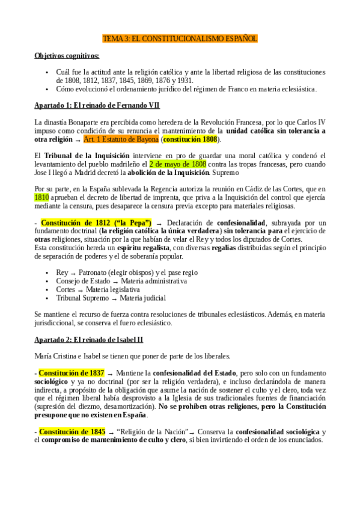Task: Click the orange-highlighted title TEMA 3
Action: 180,38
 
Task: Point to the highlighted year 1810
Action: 41,196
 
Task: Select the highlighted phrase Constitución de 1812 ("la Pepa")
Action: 96,223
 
